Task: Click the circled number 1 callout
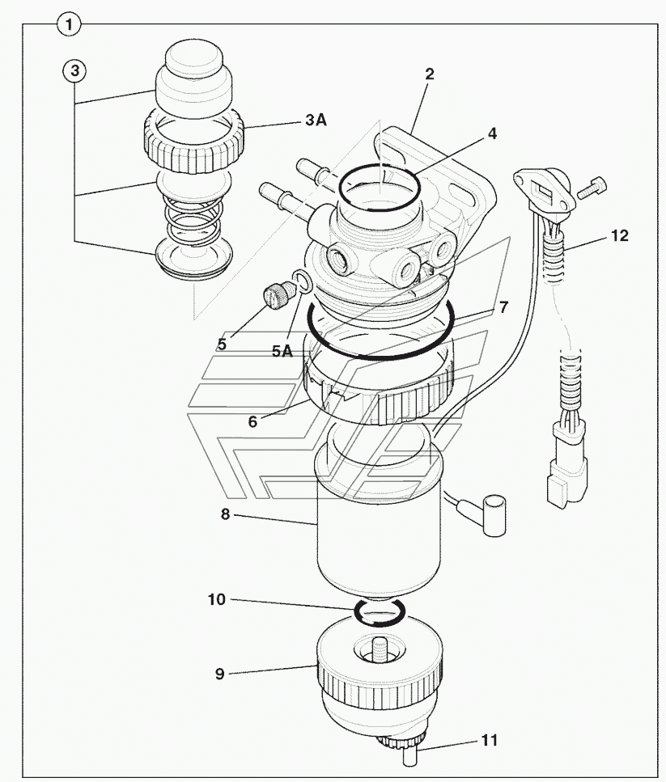[69, 24]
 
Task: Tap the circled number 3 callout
[74, 71]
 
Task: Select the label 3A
[316, 120]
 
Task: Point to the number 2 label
[429, 74]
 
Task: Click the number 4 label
[492, 133]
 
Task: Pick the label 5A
[282, 351]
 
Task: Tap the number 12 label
[620, 235]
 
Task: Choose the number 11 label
[490, 740]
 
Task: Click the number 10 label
[217, 599]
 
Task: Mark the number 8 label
[226, 514]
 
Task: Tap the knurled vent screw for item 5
[277, 292]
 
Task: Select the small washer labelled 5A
[303, 281]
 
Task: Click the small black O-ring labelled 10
[380, 611]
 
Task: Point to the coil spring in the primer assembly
[193, 220]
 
